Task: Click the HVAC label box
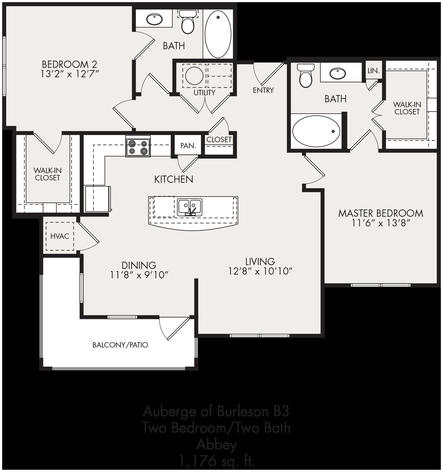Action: tap(60, 236)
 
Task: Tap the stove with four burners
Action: tap(138, 148)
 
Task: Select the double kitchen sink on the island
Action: tap(190, 207)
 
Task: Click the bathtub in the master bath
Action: tap(316, 131)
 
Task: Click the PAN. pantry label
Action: tap(188, 146)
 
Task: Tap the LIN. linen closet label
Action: tap(373, 71)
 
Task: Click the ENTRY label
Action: tap(263, 90)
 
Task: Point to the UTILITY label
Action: tap(205, 93)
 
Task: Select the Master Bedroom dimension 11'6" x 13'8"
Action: tap(380, 223)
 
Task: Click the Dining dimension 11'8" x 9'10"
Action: tap(139, 275)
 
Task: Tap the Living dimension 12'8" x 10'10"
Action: tap(260, 271)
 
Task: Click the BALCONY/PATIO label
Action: tap(120, 345)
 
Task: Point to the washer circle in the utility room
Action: tap(194, 76)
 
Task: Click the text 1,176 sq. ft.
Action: tap(217, 461)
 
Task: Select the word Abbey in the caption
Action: tap(217, 444)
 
